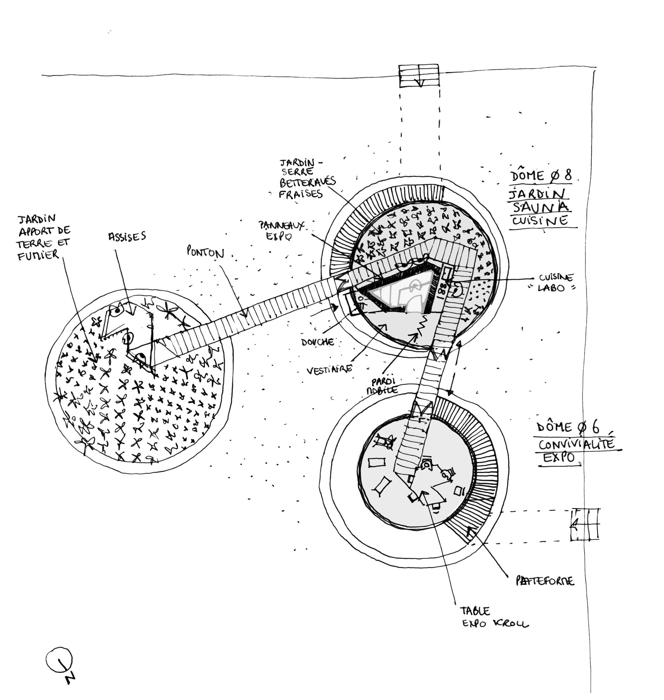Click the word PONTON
pyautogui.click(x=205, y=252)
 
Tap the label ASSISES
pyautogui.click(x=127, y=236)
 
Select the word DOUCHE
pyautogui.click(x=317, y=342)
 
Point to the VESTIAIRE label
pyautogui.click(x=329, y=369)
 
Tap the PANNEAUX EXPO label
pyautogui.click(x=281, y=230)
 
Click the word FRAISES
pyautogui.click(x=300, y=194)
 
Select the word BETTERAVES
pyautogui.click(x=307, y=182)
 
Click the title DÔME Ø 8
pyautogui.click(x=541, y=175)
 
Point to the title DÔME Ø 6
pyautogui.click(x=568, y=427)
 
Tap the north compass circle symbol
pyautogui.click(x=59, y=660)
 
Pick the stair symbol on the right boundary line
pyautogui.click(x=585, y=524)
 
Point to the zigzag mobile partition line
pyautogui.click(x=422, y=325)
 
